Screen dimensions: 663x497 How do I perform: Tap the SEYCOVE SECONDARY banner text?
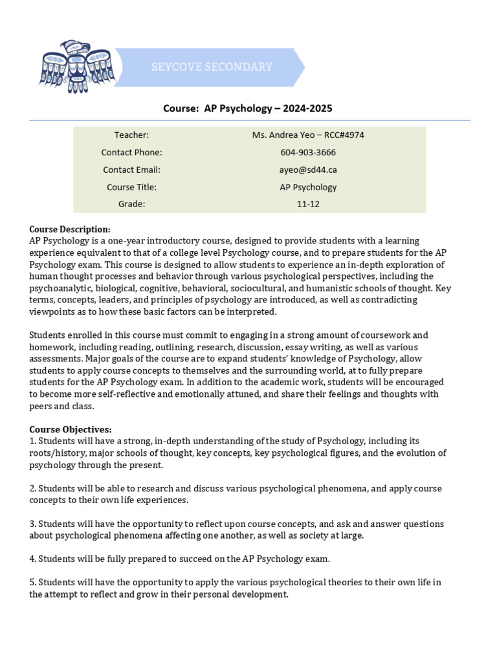click(x=212, y=67)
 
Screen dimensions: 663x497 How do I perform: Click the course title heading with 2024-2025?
click(x=248, y=108)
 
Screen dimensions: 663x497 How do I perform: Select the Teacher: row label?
click(x=131, y=135)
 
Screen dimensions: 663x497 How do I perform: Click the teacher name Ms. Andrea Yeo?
click(x=304, y=135)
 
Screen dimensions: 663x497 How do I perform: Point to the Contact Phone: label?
click(x=131, y=152)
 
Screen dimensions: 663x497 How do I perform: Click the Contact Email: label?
click(x=131, y=170)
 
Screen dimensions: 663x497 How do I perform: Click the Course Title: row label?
click(x=131, y=187)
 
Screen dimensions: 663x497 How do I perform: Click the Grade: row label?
click(x=131, y=204)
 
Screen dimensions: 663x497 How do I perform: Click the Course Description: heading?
click(x=70, y=229)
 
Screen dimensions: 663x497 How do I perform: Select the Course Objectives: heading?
click(x=71, y=429)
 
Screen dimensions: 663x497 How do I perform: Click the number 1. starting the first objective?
click(x=32, y=441)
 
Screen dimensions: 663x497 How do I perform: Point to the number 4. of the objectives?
click(x=32, y=558)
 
